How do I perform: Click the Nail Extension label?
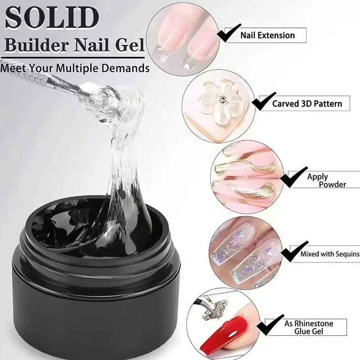click(267, 35)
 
